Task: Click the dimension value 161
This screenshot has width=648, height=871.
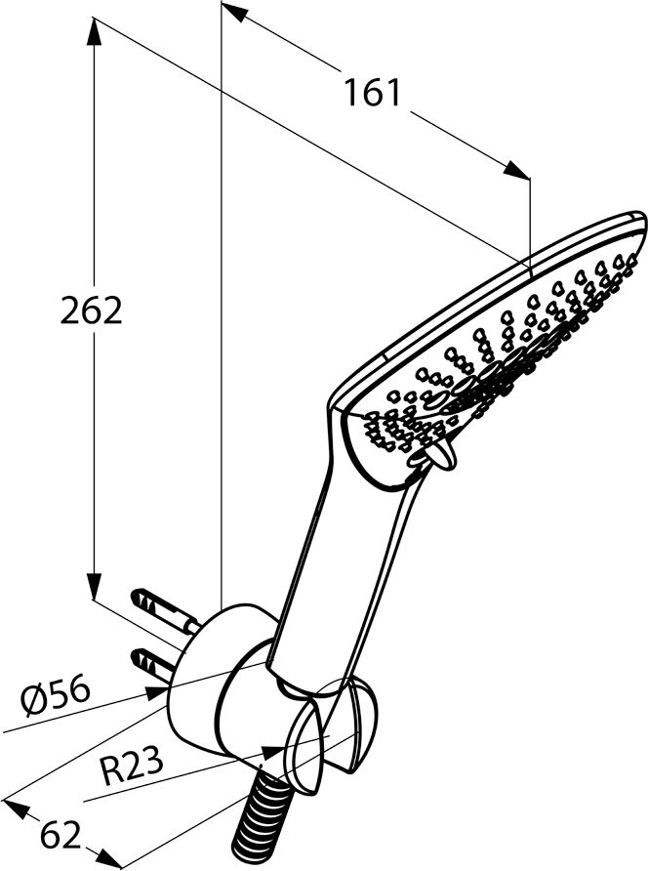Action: [x=372, y=92]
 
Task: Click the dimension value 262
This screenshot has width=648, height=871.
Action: [x=91, y=310]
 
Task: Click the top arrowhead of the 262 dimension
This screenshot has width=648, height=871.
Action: [x=94, y=32]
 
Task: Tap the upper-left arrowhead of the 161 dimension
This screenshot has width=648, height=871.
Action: [x=233, y=13]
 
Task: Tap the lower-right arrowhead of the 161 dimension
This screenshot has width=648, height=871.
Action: [x=517, y=170]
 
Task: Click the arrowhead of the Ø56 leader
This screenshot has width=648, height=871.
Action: [x=156, y=691]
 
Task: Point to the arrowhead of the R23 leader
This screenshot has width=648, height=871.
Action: [x=272, y=752]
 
